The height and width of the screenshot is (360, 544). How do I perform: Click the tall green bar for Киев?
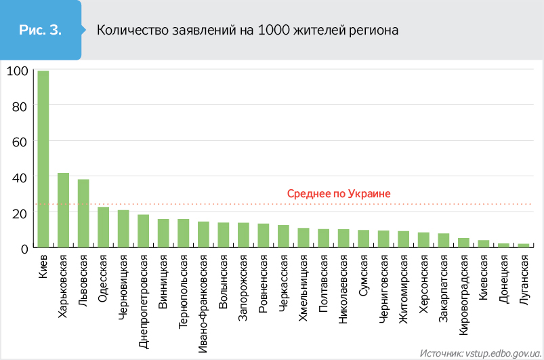(x=43, y=159)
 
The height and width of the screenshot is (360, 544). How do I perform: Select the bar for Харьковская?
(x=63, y=210)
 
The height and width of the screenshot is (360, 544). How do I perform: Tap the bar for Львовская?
(x=83, y=214)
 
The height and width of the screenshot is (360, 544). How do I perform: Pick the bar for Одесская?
(x=103, y=227)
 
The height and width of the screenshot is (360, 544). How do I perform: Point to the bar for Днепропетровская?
(x=143, y=231)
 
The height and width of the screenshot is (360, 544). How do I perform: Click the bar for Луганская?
(x=523, y=245)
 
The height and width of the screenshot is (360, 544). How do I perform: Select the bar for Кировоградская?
(x=463, y=243)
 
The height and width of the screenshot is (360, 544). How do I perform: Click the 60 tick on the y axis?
(x=18, y=142)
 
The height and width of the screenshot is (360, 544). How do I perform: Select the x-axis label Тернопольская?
(x=183, y=292)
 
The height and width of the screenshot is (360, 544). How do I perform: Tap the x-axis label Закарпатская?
(x=444, y=287)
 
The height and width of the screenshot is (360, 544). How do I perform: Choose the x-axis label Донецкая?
(x=503, y=279)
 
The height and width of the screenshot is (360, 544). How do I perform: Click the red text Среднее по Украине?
(x=339, y=194)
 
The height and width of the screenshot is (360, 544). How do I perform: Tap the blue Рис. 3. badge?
(x=41, y=31)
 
